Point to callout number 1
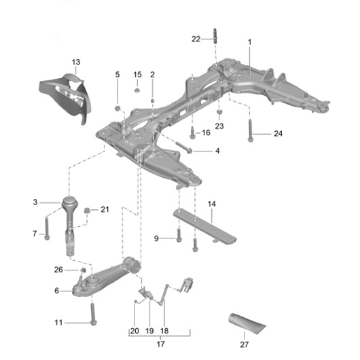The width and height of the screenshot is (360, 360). coord(249,42)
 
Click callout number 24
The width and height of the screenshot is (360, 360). coord(278,134)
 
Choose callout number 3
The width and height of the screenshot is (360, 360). coord(34,202)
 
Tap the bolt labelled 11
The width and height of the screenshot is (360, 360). coord(92,314)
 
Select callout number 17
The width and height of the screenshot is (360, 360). coord(161,343)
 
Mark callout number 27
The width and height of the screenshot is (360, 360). coord(244,345)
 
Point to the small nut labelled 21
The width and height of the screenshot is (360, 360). coord(88,211)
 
